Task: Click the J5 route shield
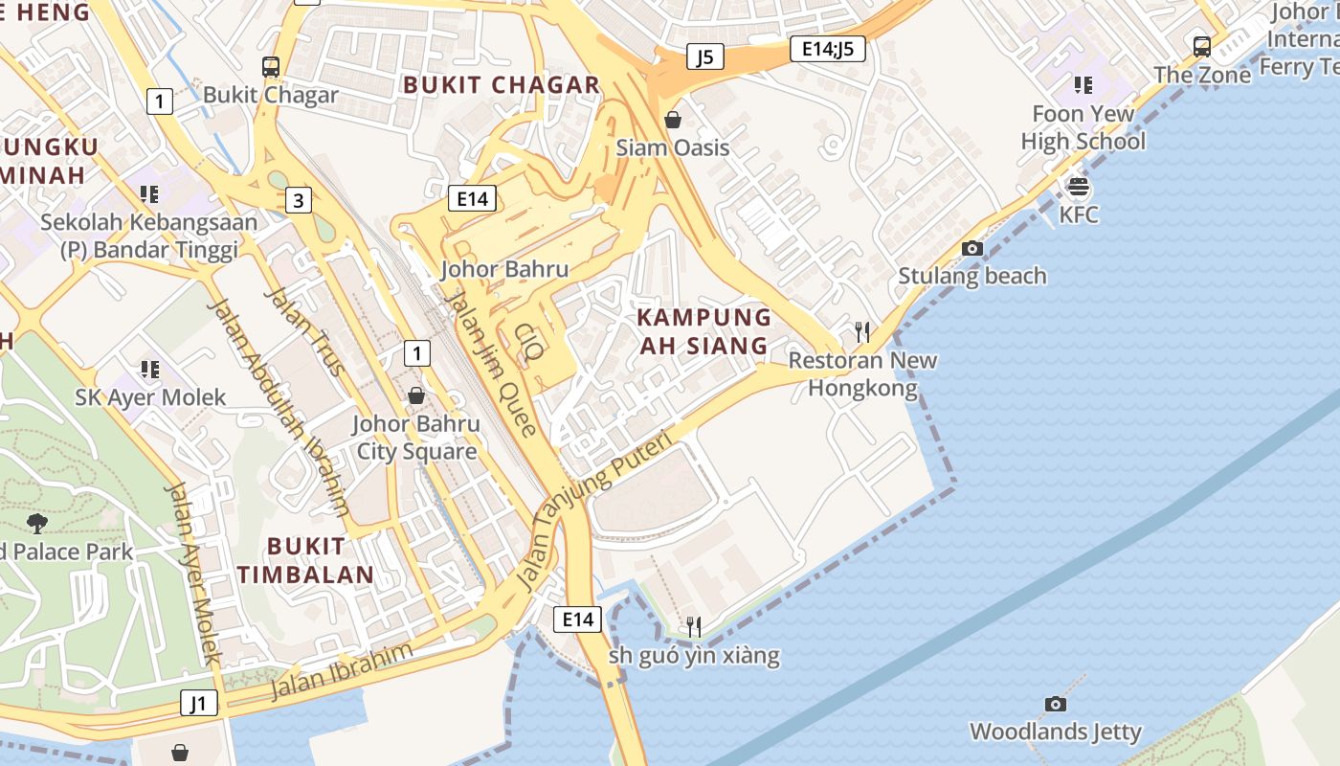pos(704,56)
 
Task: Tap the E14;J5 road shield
pos(828,49)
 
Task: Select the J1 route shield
pos(198,704)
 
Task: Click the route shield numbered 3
pos(299,200)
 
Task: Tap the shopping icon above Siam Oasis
pos(673,120)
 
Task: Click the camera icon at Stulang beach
pos(972,248)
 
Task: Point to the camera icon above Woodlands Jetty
pos(1056,704)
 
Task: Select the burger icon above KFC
pos(1079,187)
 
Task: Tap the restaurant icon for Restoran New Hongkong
pos(862,332)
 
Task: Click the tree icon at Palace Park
pos(37,523)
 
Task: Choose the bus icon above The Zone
pos(1202,46)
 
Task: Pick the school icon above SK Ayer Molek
pos(150,369)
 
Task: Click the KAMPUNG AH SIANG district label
pos(703,331)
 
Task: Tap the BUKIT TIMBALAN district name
pos(305,560)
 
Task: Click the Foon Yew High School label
pos(1083,127)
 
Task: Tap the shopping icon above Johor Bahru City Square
pos(416,394)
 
